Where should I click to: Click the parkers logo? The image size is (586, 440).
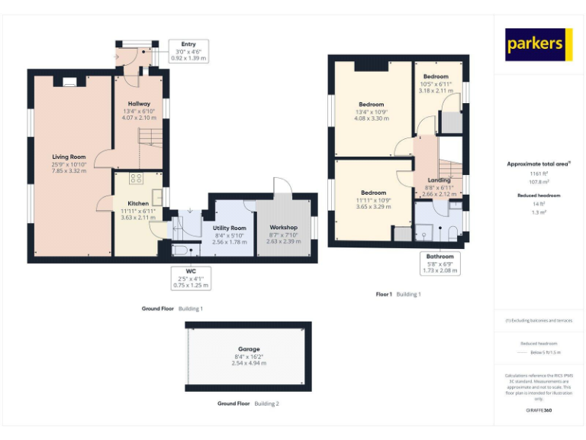(x=539, y=45)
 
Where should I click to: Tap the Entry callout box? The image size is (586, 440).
(x=188, y=51)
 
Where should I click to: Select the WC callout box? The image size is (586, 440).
(x=189, y=277)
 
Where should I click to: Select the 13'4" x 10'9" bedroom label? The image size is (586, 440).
(x=372, y=112)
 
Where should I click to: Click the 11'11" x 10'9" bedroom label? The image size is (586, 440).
(x=374, y=199)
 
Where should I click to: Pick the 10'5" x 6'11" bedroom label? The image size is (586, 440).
(x=436, y=83)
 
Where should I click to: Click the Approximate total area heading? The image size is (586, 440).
(x=539, y=163)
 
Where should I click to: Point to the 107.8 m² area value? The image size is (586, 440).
(x=539, y=182)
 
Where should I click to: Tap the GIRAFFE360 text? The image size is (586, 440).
(x=539, y=411)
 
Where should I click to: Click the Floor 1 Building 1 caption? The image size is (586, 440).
(x=398, y=294)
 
